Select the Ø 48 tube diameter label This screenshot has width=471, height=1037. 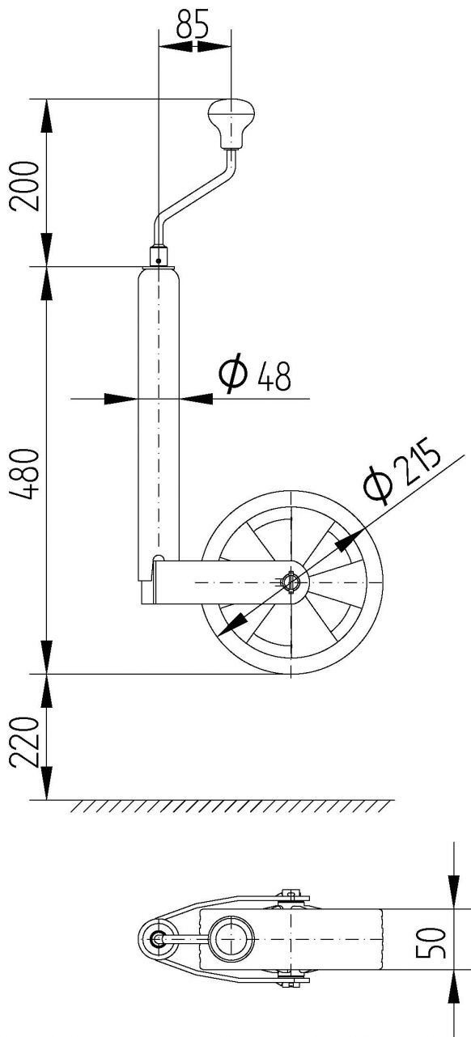click(254, 375)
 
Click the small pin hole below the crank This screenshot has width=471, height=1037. click(159, 260)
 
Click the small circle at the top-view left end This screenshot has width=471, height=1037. click(158, 938)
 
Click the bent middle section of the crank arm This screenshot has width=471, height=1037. click(194, 194)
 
